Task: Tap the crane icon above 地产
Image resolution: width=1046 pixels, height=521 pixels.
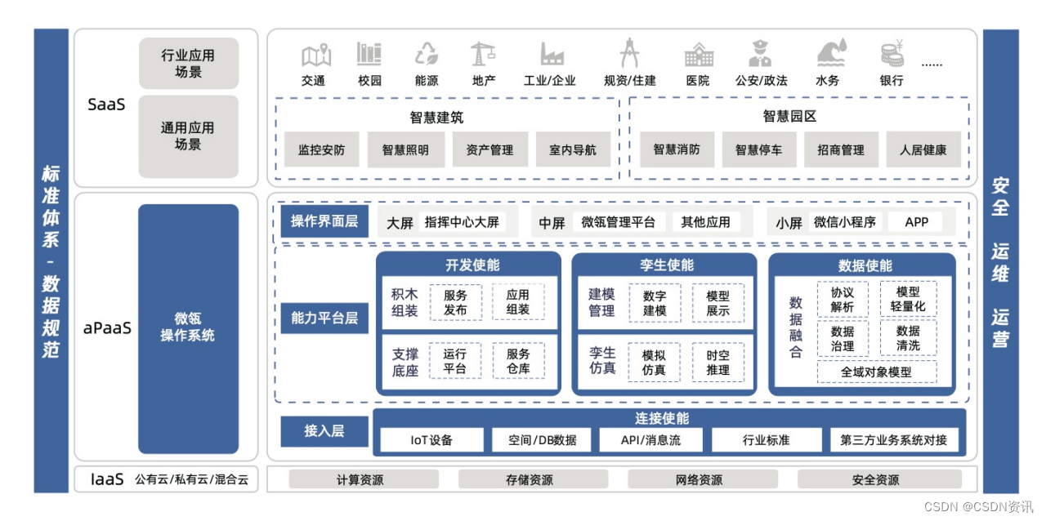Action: (x=482, y=54)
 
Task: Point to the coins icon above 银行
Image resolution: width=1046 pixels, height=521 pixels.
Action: (x=892, y=54)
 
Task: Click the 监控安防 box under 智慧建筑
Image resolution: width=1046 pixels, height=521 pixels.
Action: (x=321, y=150)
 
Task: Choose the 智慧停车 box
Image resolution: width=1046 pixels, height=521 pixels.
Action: (x=758, y=150)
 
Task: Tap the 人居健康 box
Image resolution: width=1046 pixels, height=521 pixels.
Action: (x=923, y=150)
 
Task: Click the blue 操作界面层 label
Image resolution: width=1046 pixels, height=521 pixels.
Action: (x=324, y=221)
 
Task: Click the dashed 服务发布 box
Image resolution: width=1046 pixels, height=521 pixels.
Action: (x=455, y=302)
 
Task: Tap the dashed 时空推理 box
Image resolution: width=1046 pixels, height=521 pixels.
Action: (x=717, y=362)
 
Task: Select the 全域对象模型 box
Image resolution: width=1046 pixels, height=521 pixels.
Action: (x=877, y=372)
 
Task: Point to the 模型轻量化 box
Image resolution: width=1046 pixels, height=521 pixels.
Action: (x=908, y=300)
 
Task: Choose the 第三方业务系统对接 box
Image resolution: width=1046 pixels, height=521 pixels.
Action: (x=893, y=440)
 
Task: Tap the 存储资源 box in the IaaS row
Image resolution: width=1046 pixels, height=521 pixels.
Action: (x=529, y=480)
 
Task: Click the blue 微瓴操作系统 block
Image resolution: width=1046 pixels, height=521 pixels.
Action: (x=188, y=328)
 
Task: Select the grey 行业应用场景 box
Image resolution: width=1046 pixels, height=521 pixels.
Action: (x=188, y=64)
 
